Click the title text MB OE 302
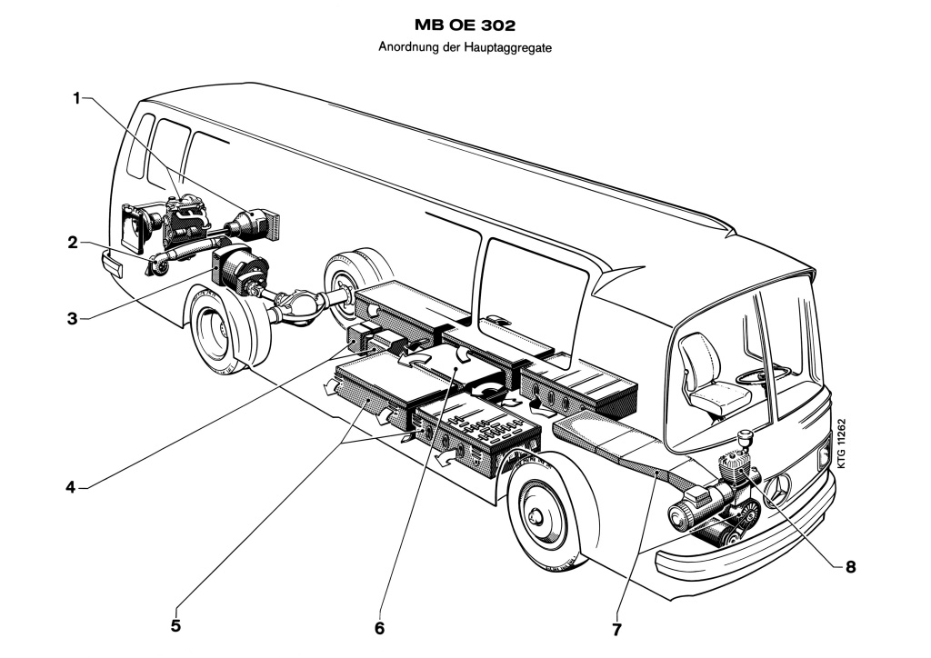(465, 25)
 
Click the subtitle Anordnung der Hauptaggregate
(465, 47)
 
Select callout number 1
(77, 97)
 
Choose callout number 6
(379, 627)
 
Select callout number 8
(850, 566)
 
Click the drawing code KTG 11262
(842, 444)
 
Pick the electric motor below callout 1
(244, 272)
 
